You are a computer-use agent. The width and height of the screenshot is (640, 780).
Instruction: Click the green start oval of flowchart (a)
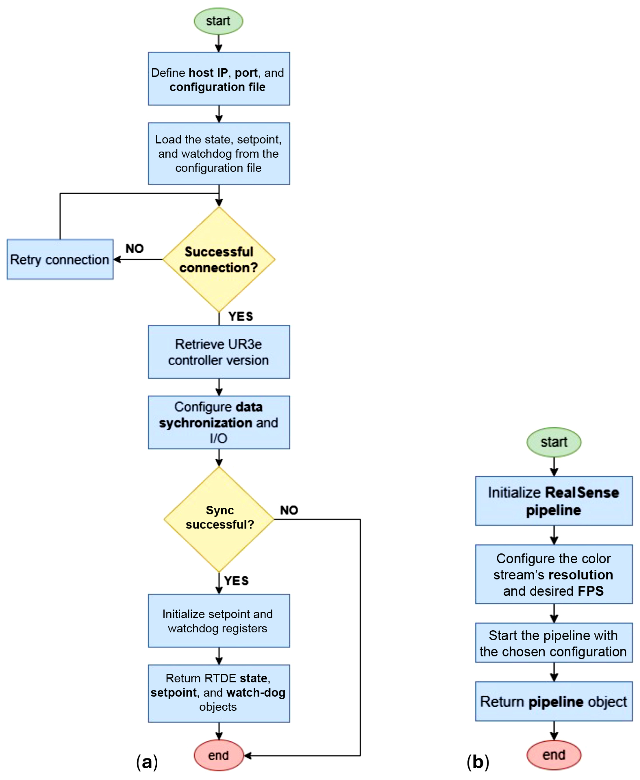click(218, 21)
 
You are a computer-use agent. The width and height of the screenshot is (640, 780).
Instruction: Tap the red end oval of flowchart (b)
click(553, 754)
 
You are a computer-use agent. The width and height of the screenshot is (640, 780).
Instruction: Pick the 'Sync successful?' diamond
click(219, 519)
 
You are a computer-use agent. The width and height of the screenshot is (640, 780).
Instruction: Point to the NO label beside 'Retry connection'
click(134, 248)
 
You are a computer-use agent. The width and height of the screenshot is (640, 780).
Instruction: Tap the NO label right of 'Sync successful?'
click(289, 510)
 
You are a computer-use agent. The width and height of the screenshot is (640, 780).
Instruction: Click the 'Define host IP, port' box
click(219, 79)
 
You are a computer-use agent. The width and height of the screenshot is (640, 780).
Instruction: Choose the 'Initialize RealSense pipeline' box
click(553, 501)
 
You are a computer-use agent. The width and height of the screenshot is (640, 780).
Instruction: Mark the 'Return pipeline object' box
click(553, 701)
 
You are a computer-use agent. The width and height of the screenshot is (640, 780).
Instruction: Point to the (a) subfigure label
click(147, 762)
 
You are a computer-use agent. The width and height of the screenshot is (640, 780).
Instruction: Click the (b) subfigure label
click(477, 762)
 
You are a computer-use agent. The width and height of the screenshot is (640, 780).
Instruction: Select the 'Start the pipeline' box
click(553, 643)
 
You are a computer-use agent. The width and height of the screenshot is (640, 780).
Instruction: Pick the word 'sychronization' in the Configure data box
click(205, 423)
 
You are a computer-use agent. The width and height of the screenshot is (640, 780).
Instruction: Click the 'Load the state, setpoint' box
click(219, 153)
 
